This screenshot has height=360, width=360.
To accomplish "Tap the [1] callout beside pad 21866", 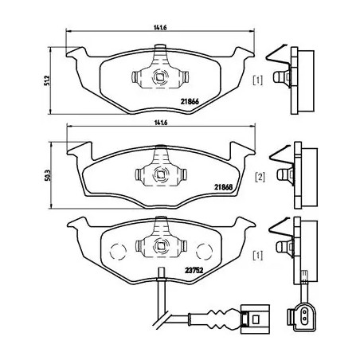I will pyautogui.click(x=257, y=80).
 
